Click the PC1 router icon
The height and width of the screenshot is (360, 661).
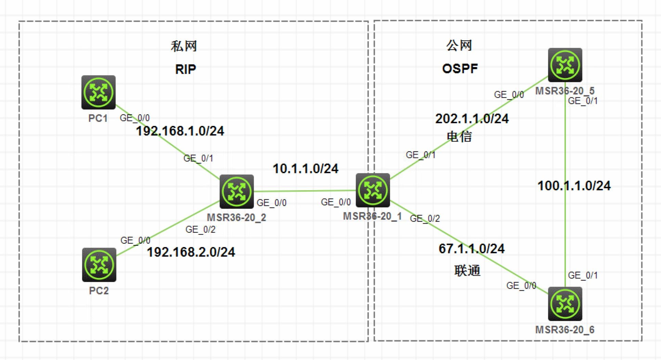pos(99,92)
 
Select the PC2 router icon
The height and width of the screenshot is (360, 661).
pos(99,265)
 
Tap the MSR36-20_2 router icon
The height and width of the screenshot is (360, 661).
pos(236,191)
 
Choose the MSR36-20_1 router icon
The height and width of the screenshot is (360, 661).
pos(373,190)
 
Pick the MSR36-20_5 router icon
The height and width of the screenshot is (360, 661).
pos(565,65)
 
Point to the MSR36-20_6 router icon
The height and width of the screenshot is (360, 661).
pos(565,304)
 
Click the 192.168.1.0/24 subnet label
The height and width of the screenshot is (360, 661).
pos(180,131)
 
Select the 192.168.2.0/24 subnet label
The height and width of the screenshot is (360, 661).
pos(191,252)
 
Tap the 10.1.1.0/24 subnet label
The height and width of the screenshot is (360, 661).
pos(306,169)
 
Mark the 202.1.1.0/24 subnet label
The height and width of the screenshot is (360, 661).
pos(472,119)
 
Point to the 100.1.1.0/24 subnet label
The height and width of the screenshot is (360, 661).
pos(574,186)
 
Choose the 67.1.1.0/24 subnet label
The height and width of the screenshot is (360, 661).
pos(471,249)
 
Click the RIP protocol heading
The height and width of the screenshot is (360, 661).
pos(185,69)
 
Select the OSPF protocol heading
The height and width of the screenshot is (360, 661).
pos(460,69)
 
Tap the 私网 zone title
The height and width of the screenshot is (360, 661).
pos(184,46)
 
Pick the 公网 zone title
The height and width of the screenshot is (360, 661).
pos(459,45)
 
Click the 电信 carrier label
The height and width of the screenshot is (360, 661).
pos(459,137)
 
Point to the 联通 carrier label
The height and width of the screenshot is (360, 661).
pos(467,271)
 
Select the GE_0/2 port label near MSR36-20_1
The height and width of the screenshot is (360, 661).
pos(425,218)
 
